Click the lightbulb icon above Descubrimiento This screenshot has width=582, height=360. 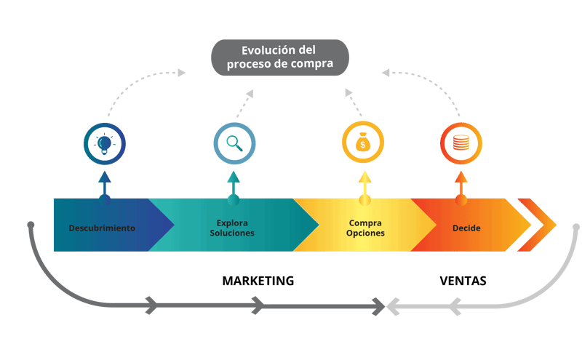click(x=105, y=143)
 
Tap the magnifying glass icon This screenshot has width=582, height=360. click(x=234, y=143)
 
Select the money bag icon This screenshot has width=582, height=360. click(x=362, y=143)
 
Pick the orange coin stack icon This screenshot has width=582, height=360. click(x=461, y=143)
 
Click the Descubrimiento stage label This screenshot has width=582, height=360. click(x=102, y=228)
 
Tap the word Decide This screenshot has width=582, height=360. click(x=466, y=228)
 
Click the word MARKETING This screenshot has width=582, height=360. click(x=258, y=281)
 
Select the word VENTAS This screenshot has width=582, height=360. click(x=463, y=281)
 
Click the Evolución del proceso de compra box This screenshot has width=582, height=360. click(x=279, y=57)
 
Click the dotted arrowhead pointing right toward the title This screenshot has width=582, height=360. click(x=181, y=73)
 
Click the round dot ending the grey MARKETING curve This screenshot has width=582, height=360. click(x=31, y=225)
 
